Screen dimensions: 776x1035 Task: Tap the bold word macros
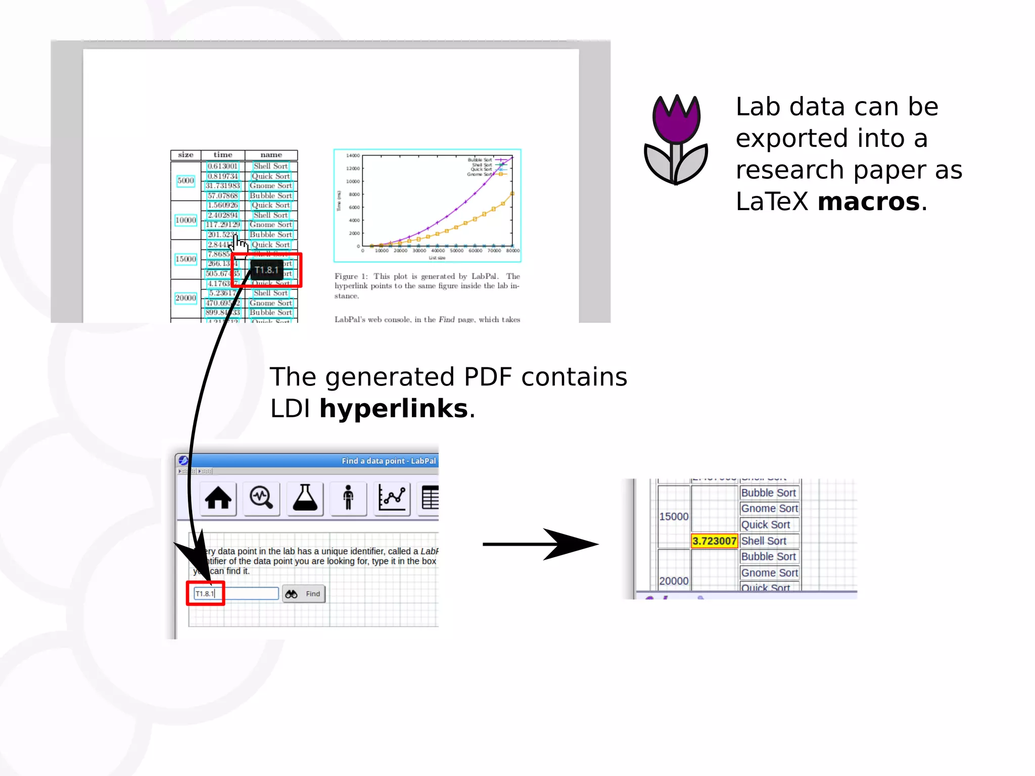pyautogui.click(x=869, y=202)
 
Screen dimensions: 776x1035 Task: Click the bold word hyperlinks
pyautogui.click(x=394, y=408)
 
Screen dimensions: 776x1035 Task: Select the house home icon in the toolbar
pyautogui.click(x=218, y=498)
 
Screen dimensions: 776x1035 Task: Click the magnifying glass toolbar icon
pyautogui.click(x=261, y=498)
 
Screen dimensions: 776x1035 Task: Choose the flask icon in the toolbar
pyautogui.click(x=305, y=498)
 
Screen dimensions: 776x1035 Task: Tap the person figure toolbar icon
pyautogui.click(x=348, y=498)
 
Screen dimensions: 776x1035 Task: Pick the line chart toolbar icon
pyautogui.click(x=392, y=498)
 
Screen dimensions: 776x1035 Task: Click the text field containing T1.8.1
pyautogui.click(x=236, y=594)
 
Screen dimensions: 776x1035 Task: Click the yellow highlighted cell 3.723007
pyautogui.click(x=714, y=541)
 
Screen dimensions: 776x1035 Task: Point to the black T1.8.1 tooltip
pyautogui.click(x=266, y=270)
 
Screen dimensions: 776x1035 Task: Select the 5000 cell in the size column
pyautogui.click(x=185, y=181)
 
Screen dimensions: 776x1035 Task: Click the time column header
pyautogui.click(x=223, y=155)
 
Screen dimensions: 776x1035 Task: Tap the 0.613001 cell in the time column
pyautogui.click(x=222, y=166)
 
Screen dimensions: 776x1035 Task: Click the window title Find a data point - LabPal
pyautogui.click(x=389, y=461)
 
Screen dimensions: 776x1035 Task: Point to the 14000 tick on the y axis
pyautogui.click(x=353, y=156)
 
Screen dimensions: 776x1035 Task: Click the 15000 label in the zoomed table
pyautogui.click(x=674, y=516)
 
